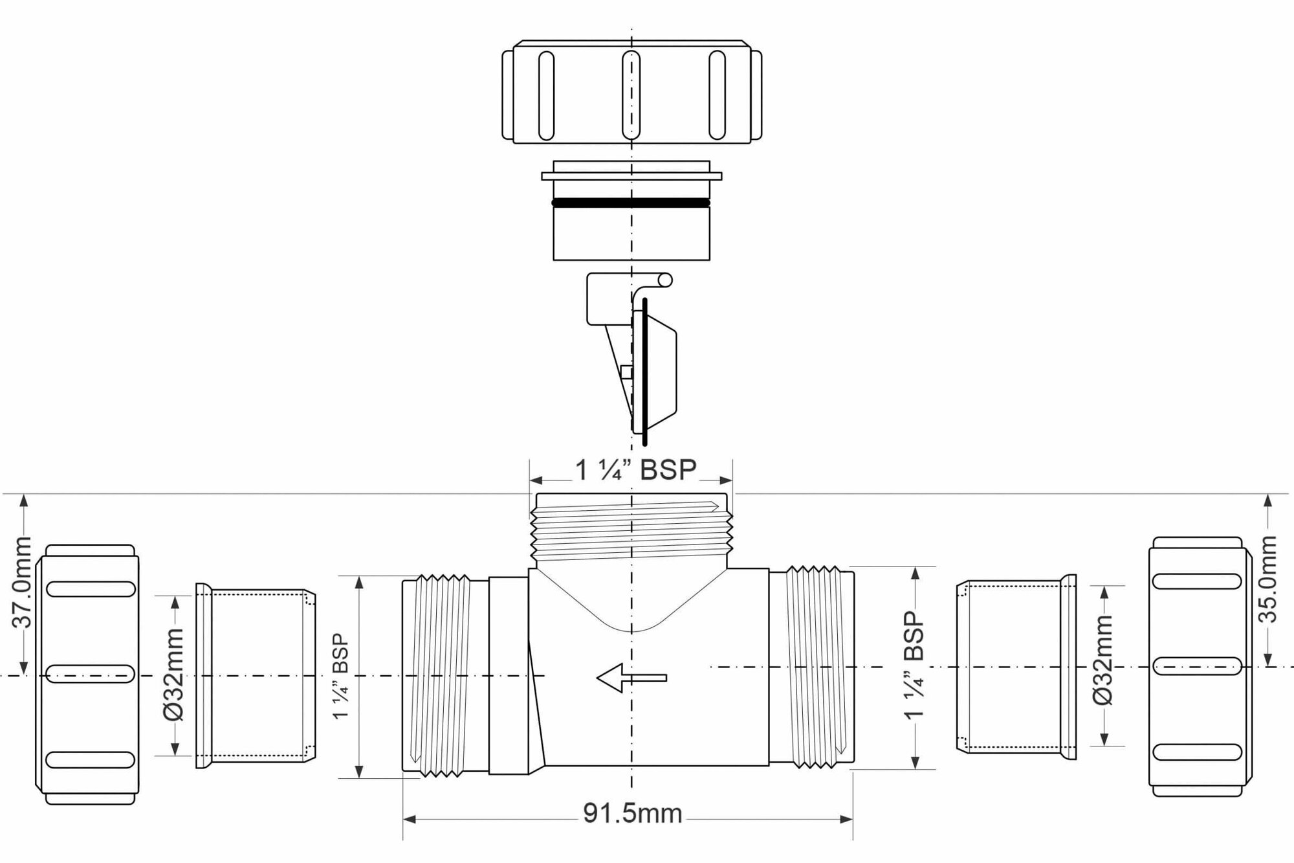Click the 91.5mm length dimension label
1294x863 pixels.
(632, 814)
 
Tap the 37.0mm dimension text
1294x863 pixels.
(23, 583)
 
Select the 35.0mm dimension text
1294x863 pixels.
(1268, 579)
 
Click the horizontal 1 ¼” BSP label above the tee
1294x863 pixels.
(636, 471)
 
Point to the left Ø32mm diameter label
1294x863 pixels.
(173, 674)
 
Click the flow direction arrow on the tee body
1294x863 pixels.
(631, 678)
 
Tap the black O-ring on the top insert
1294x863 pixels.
(631, 203)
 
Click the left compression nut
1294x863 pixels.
(87, 675)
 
